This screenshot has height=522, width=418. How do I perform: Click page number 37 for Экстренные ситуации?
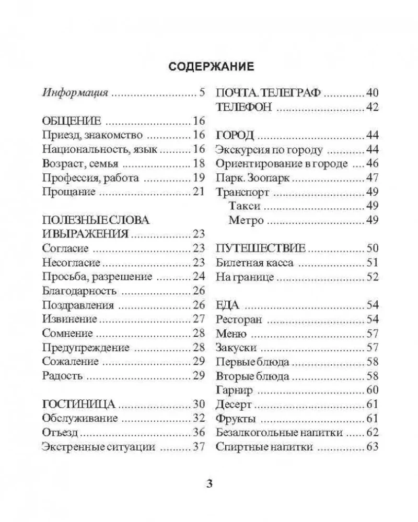[198, 446]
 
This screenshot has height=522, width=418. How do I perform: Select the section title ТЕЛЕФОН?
[244, 108]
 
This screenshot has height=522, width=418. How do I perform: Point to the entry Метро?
[246, 220]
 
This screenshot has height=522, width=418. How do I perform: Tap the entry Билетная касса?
[254, 263]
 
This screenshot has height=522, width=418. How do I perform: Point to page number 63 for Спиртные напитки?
[372, 446]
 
